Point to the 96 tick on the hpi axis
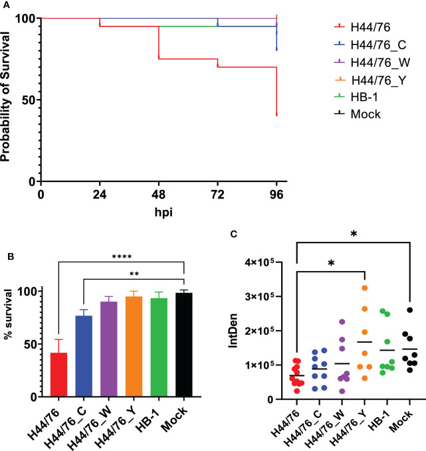click(276, 195)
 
